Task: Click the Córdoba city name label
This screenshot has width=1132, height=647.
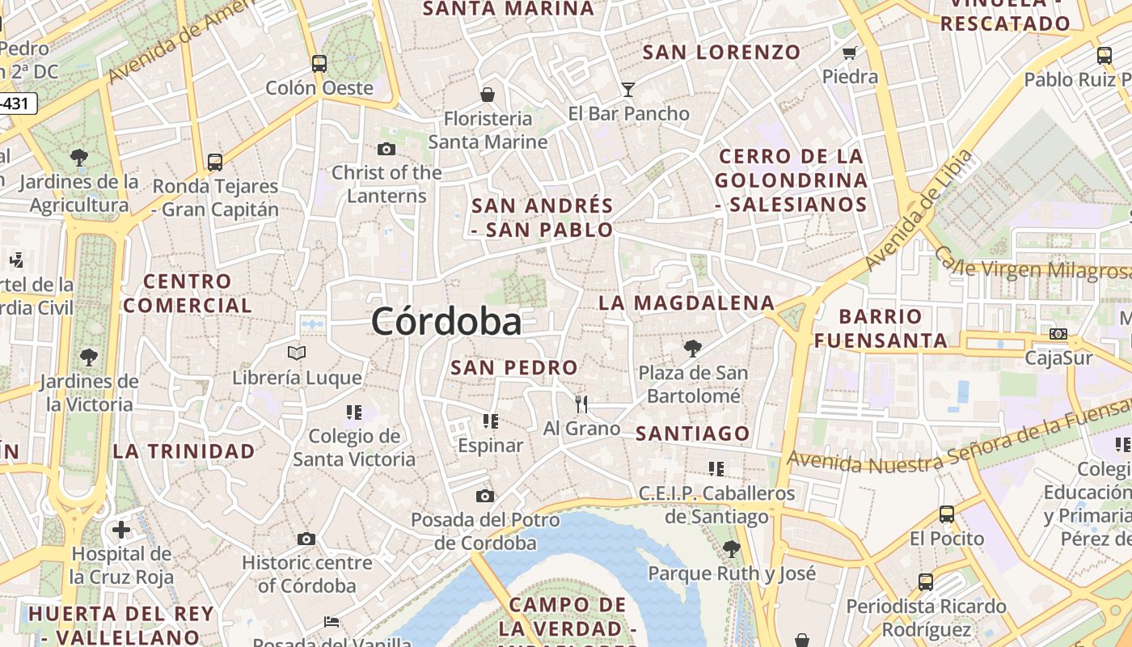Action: click(446, 322)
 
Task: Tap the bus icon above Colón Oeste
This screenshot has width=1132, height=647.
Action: click(319, 63)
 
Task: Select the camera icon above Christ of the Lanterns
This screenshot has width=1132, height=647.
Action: click(386, 149)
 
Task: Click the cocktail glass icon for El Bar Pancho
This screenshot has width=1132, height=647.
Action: click(628, 89)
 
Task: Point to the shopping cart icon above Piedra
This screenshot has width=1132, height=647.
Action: click(849, 53)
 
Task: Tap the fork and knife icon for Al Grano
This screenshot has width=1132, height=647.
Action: click(581, 404)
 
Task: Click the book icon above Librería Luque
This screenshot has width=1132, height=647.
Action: click(297, 353)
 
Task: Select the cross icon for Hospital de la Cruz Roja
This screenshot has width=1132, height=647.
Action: click(121, 530)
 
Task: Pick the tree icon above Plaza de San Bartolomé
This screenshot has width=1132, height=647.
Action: click(692, 349)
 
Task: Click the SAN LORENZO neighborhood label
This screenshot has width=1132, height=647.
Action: click(721, 53)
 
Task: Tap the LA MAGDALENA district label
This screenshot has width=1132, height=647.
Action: click(686, 303)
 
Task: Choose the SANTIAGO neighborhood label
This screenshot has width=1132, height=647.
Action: click(693, 433)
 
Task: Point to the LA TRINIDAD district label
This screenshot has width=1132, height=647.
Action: click(184, 451)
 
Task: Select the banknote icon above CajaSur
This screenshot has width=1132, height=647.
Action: click(1058, 333)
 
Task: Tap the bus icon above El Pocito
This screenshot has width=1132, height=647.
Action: click(946, 514)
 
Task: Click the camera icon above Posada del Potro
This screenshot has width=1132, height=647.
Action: click(484, 496)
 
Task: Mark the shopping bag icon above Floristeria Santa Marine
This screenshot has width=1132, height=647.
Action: click(488, 95)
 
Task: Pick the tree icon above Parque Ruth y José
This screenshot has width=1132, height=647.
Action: click(731, 549)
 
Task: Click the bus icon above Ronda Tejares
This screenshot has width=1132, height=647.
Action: click(214, 162)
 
